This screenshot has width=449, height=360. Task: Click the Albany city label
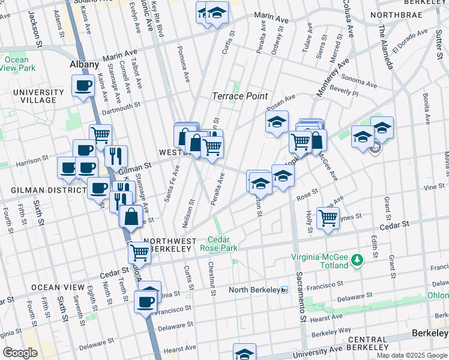coord(83,64)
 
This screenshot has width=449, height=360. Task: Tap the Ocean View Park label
coord(16,64)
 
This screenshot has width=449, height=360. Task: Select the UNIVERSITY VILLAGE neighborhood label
coord(38,97)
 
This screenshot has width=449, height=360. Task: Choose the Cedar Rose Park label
coord(223,244)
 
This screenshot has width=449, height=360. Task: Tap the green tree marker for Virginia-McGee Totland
coord(358,260)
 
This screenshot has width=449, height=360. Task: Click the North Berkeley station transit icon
coord(285,290)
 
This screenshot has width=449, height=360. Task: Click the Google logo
coord(20,353)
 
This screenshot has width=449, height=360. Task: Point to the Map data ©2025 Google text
coord(411,355)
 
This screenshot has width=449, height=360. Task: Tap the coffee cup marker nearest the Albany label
coord(83,85)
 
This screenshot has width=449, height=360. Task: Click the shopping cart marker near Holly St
coord(328,218)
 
